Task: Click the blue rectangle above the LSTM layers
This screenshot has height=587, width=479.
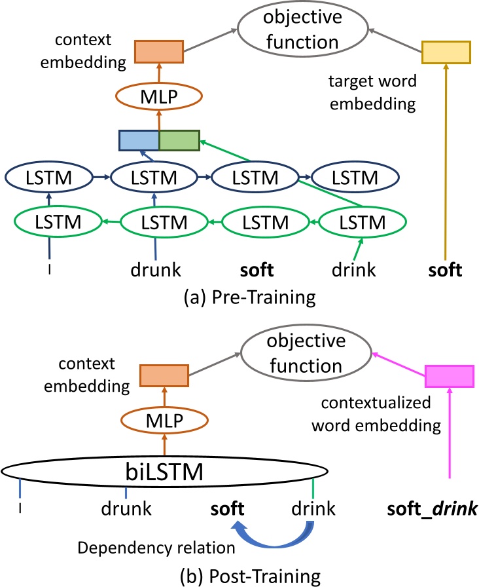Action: point(139,141)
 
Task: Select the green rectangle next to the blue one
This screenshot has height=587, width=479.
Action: point(179,141)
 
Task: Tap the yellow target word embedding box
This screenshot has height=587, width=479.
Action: point(446,52)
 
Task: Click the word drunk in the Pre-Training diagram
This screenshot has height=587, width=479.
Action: point(156,269)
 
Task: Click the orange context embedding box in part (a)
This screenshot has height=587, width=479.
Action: point(158,52)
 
